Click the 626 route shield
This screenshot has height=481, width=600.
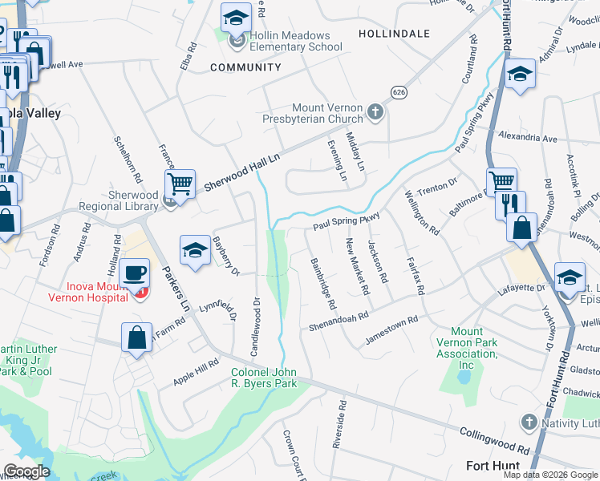(x=398, y=93)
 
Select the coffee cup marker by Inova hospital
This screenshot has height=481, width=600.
(x=135, y=272)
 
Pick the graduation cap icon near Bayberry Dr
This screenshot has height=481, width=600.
(x=195, y=249)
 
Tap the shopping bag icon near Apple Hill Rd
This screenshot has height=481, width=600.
(x=137, y=337)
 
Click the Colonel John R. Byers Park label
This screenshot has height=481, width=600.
(x=264, y=378)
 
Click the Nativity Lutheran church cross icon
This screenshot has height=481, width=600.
(x=528, y=422)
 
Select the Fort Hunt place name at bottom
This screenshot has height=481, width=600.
(x=493, y=466)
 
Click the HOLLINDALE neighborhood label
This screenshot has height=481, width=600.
(x=392, y=34)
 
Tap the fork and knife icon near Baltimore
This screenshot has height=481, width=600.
(x=509, y=204)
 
